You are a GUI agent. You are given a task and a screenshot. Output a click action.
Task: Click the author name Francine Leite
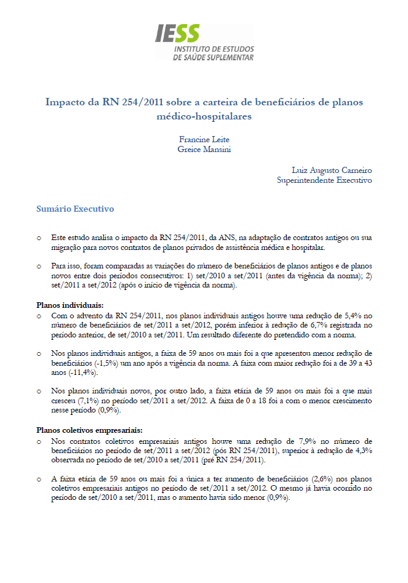[x=204, y=140]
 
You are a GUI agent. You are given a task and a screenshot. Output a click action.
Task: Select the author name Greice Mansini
[x=204, y=149]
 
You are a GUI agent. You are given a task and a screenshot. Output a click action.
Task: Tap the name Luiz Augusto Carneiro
[x=332, y=170]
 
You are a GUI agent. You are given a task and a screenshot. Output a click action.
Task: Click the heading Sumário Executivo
[x=75, y=209]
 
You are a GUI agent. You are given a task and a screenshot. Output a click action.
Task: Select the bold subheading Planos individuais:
[x=70, y=305]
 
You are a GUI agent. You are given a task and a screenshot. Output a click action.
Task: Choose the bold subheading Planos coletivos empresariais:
[x=90, y=431]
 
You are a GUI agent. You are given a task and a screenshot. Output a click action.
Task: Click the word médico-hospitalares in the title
[x=204, y=116]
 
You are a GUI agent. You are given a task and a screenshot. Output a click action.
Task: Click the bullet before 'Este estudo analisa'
[x=39, y=237]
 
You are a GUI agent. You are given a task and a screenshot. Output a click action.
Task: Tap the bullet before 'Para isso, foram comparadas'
[x=39, y=266]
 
